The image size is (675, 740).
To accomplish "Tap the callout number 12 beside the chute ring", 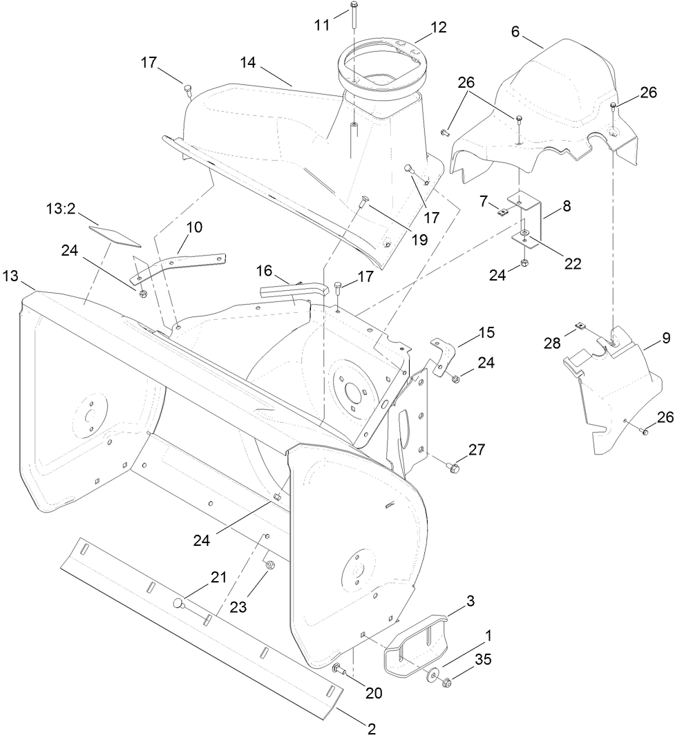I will tap(438, 28).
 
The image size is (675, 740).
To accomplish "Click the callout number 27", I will tap(476, 449).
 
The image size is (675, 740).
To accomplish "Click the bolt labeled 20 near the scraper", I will tap(339, 668).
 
